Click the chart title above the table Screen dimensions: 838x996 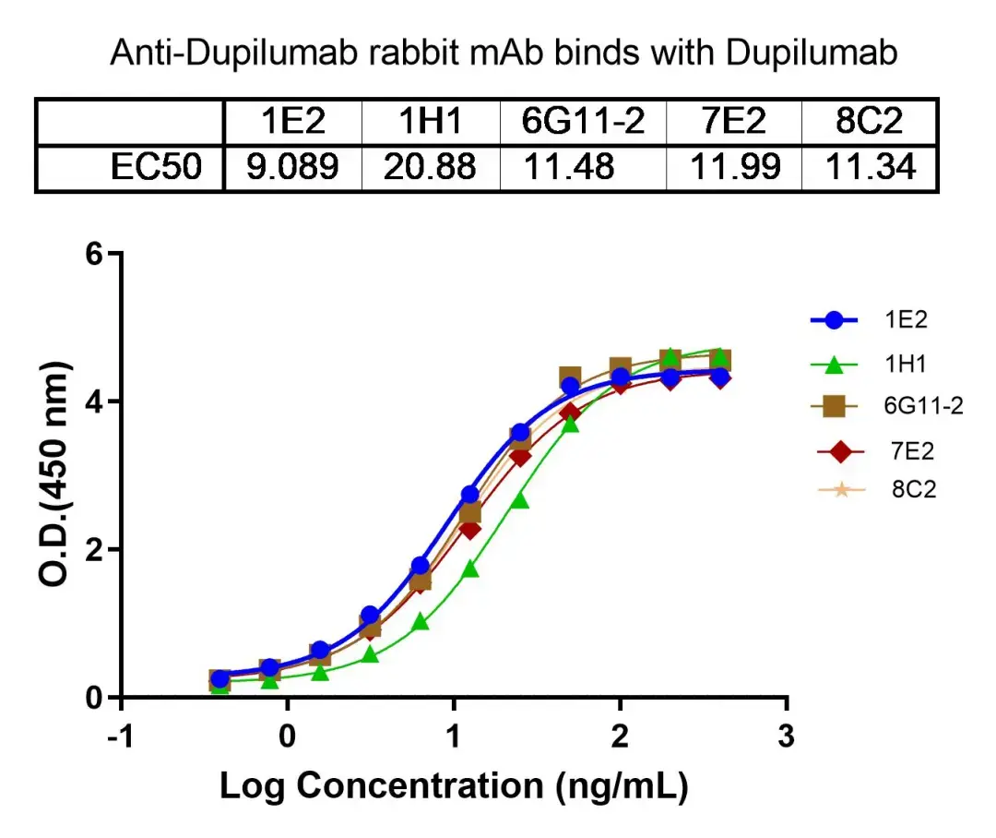pos(504,54)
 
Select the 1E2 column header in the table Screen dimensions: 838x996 pos(293,121)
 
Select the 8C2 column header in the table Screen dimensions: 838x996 pos(871,121)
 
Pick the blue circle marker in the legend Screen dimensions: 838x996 pos(835,321)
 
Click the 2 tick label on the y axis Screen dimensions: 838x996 pos(91,550)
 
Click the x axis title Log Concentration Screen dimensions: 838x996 pos(453,785)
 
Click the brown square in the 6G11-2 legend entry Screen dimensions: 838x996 pos(835,406)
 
